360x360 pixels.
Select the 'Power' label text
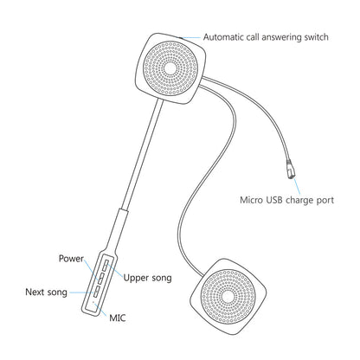pos(71,259)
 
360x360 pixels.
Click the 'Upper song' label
pos(147,278)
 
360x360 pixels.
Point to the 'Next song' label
pos(47,292)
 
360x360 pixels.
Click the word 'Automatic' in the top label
pos(225,37)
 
